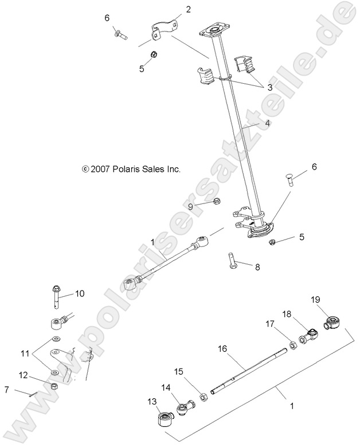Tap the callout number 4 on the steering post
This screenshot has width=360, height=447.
(x=267, y=123)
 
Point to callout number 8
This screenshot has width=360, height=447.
(x=257, y=266)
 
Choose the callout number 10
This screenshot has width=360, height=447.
(x=79, y=293)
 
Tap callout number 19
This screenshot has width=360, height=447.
(x=315, y=299)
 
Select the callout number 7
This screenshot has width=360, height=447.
(x=6, y=390)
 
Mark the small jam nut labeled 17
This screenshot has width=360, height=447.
(x=291, y=345)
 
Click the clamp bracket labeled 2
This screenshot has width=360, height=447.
(x=163, y=31)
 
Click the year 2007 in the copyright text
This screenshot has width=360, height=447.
(x=101, y=170)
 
